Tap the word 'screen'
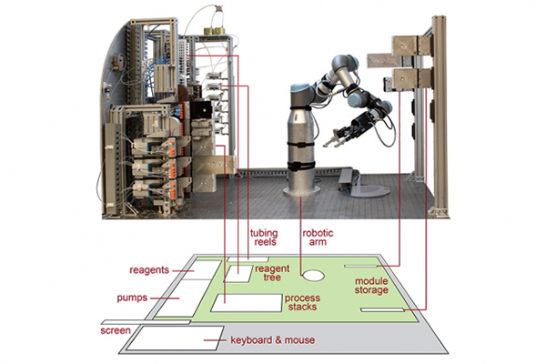(x=115, y=331)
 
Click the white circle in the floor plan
(x=315, y=273)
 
